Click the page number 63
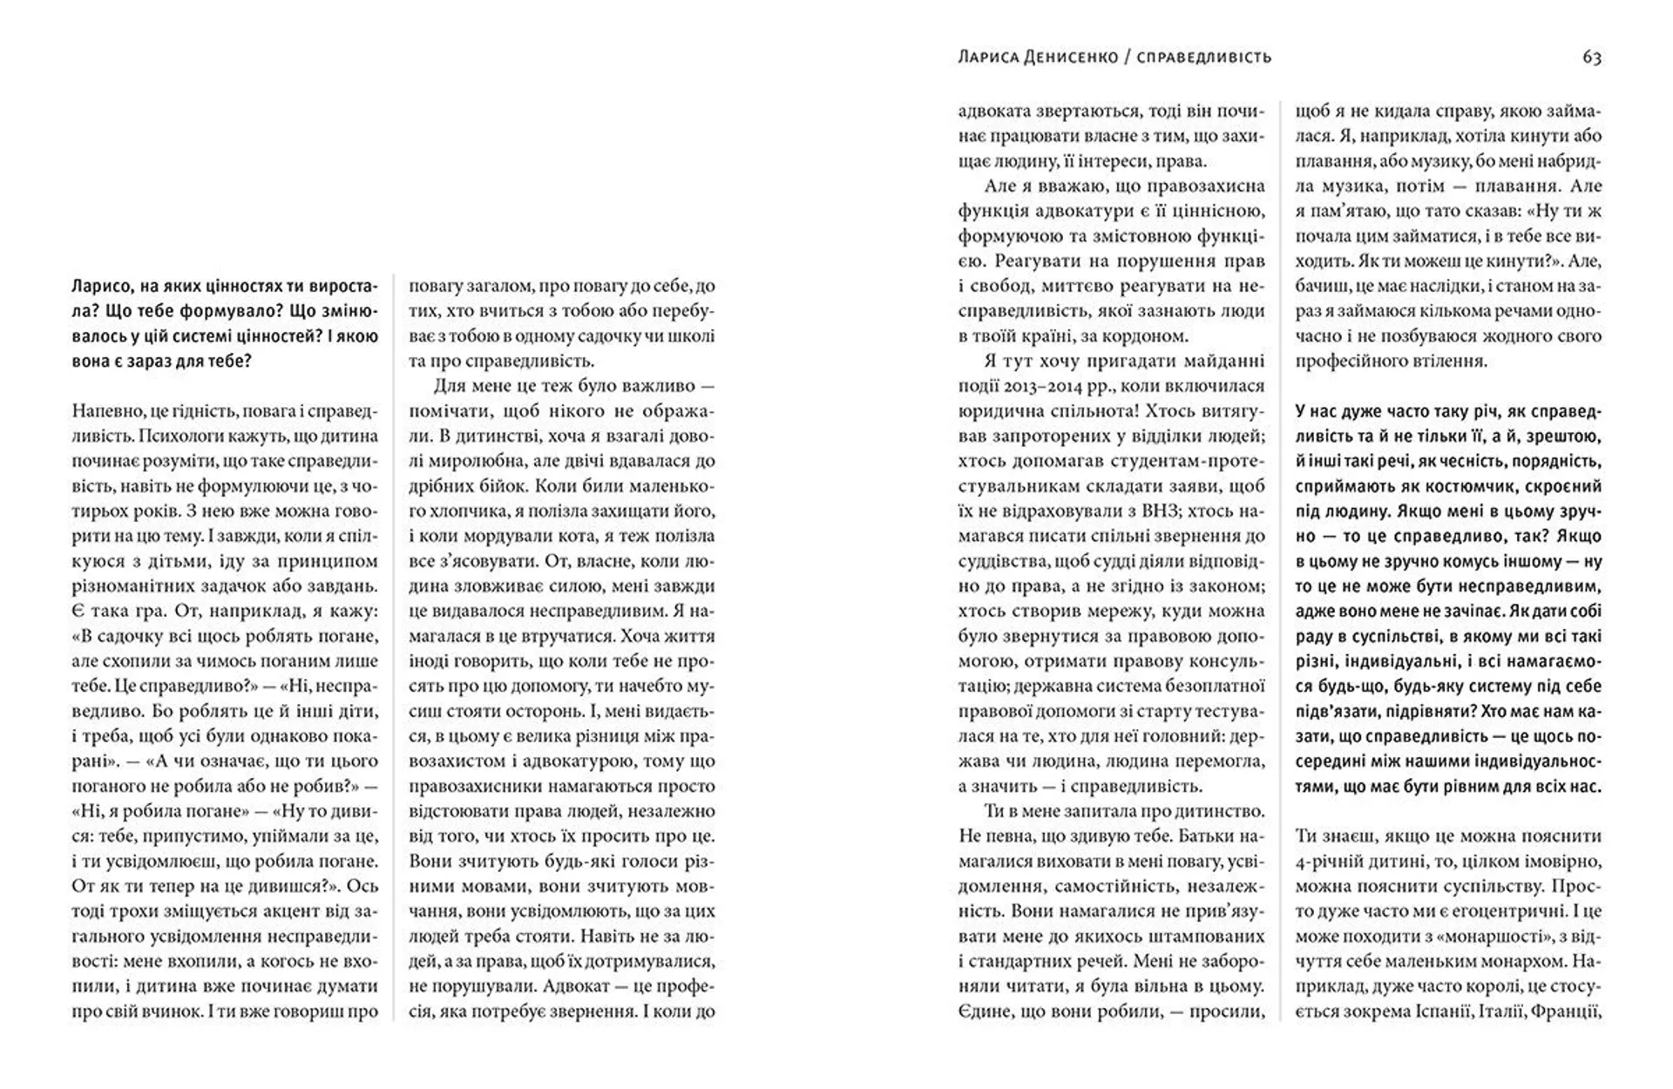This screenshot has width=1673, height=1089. coord(1592,57)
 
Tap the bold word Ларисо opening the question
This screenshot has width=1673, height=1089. coord(100,286)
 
